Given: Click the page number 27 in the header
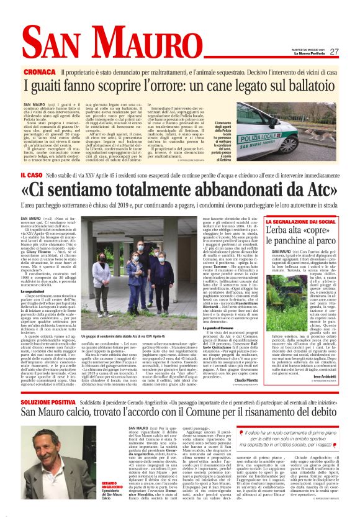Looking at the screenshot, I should tap(334, 52).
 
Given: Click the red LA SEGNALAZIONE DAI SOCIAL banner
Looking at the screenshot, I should tap(302, 222).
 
